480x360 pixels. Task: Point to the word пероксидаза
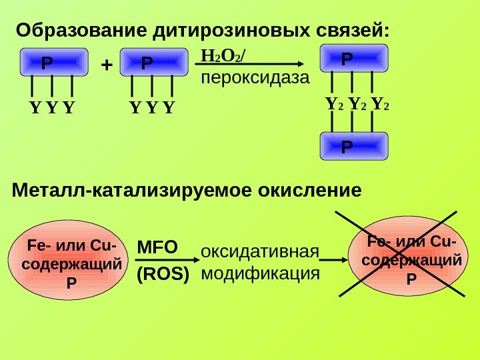pos(255,79)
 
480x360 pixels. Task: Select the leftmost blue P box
pos(53,63)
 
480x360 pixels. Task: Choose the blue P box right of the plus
pos(153,63)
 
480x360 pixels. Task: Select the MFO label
pos(157,247)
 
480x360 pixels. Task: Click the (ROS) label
pos(163,274)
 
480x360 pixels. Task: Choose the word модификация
pos(260,273)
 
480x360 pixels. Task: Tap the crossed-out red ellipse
pos(406,257)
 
